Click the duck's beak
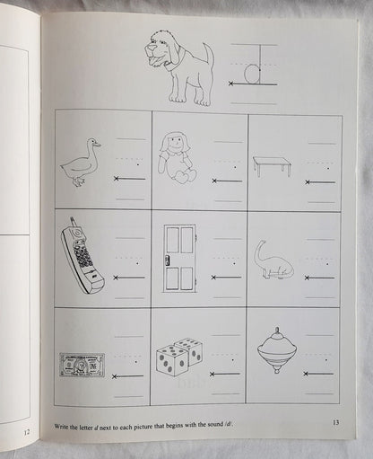(x=97, y=145)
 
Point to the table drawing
(x=272, y=166)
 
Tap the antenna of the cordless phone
(x=73, y=223)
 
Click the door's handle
(x=167, y=260)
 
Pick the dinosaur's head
(x=263, y=243)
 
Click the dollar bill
(x=82, y=365)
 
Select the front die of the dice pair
(x=170, y=360)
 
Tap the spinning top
(x=277, y=350)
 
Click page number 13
(x=335, y=422)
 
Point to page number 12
(x=27, y=432)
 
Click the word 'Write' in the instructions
(x=61, y=427)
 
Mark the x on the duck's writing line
(x=117, y=179)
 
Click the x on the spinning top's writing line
(x=306, y=374)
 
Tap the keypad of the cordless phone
(x=82, y=257)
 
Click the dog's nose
(x=152, y=48)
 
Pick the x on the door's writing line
(x=213, y=278)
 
